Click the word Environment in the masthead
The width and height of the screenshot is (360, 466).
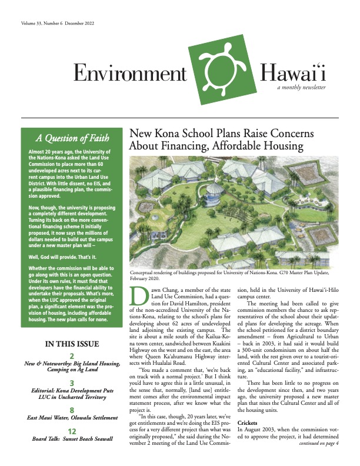pos(129,74)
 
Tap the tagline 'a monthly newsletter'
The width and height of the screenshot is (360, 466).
pos(302,87)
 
